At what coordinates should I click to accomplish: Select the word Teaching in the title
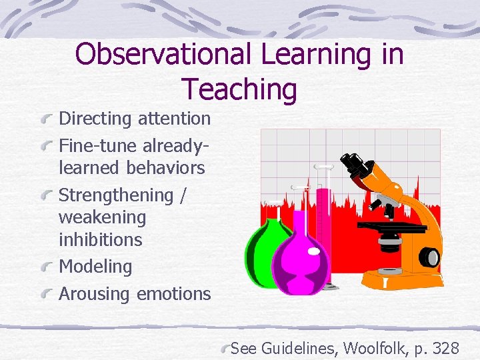pos(239,89)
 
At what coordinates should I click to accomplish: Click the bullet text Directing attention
pos(135,119)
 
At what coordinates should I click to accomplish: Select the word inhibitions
pos(100,239)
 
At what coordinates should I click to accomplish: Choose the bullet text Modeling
pos(95,267)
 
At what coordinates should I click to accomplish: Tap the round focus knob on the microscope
pos(431,257)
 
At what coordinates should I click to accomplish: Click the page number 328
pos(445,347)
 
